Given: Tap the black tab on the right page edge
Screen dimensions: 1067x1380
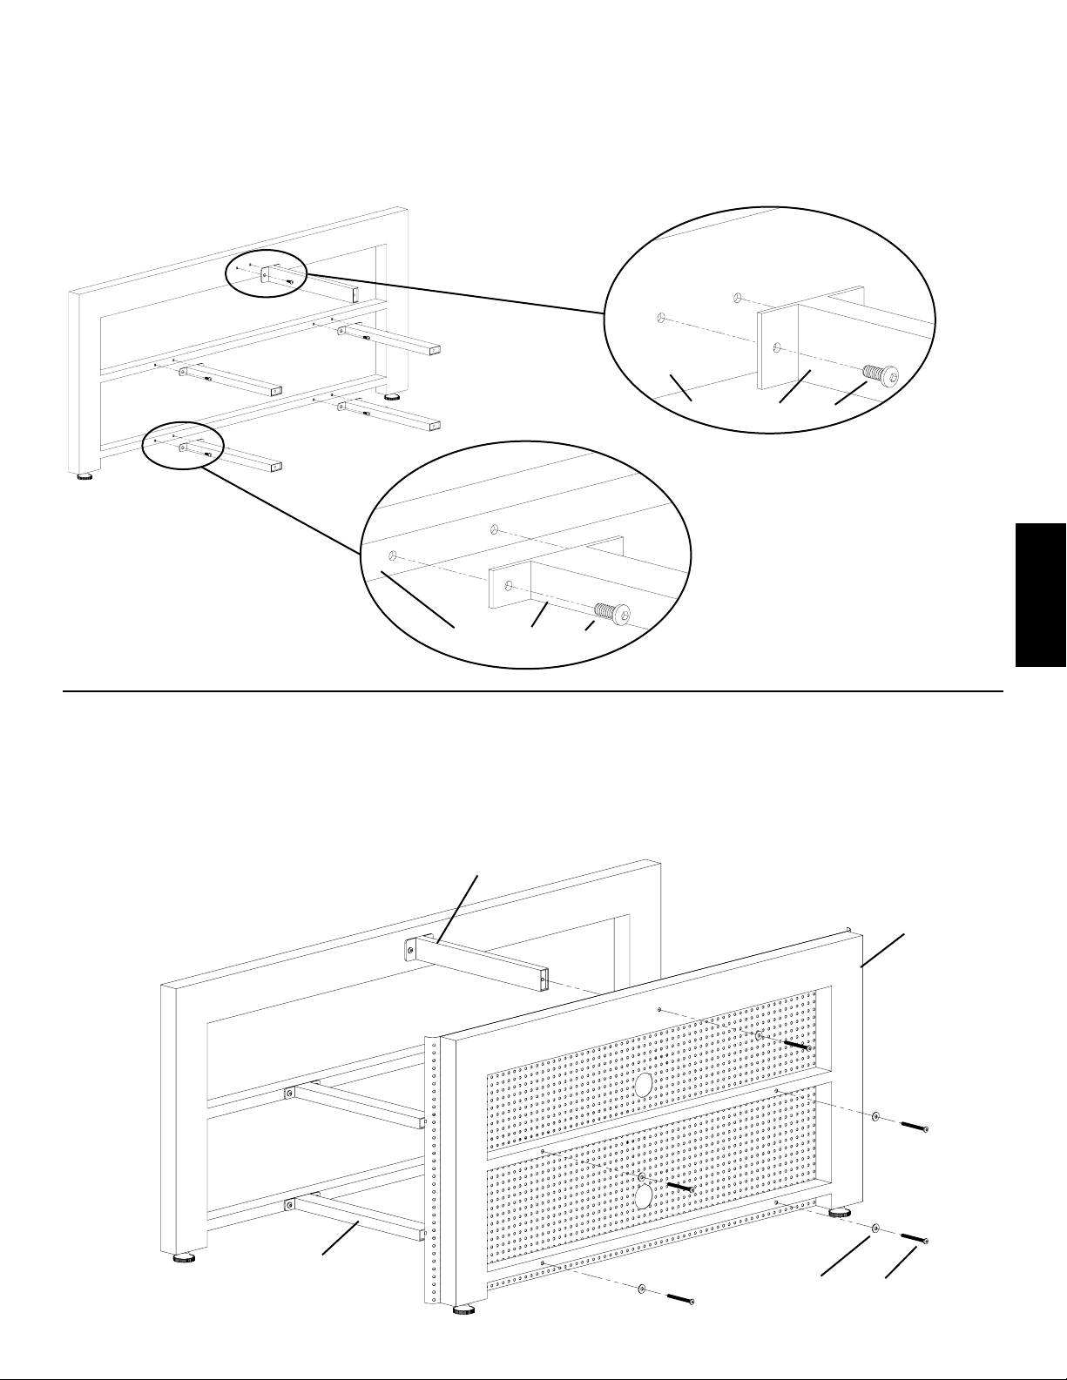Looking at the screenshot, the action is pyautogui.click(x=1041, y=595).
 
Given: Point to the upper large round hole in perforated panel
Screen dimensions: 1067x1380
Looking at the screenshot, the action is pyautogui.click(x=644, y=1085).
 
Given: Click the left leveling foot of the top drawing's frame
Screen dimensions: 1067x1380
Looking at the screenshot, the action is pyautogui.click(x=84, y=476).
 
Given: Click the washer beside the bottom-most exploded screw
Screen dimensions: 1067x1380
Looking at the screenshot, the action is pyautogui.click(x=641, y=1288).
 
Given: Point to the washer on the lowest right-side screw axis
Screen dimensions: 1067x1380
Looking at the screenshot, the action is pyautogui.click(x=875, y=1228).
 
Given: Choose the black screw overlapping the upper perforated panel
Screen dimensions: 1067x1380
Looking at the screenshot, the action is pyautogui.click(x=796, y=1043).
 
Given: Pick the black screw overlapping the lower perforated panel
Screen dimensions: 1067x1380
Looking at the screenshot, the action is pyautogui.click(x=679, y=1186).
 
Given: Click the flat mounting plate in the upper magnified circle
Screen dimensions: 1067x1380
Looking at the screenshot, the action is pyautogui.click(x=777, y=347).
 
